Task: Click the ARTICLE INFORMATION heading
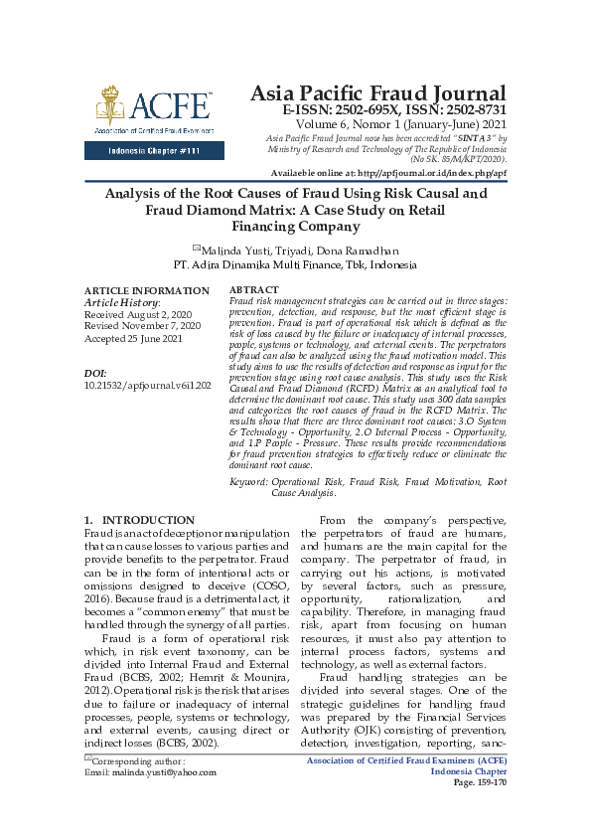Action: pyautogui.click(x=147, y=290)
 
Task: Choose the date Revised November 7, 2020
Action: pyautogui.click(x=143, y=325)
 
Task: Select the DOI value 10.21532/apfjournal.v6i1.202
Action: pyautogui.click(x=148, y=383)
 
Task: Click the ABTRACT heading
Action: pyautogui.click(x=254, y=290)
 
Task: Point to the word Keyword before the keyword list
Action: pyautogui.click(x=248, y=481)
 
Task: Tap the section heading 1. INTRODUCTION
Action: pyautogui.click(x=140, y=520)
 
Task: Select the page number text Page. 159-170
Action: pyautogui.click(x=480, y=782)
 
